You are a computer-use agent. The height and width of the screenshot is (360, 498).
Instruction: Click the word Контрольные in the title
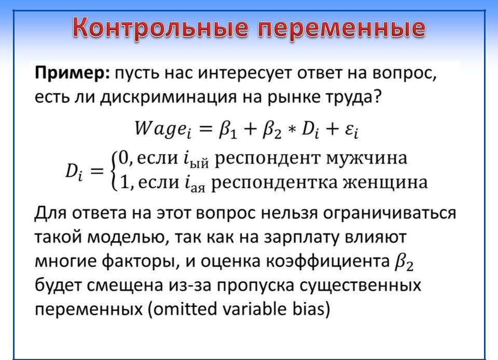[160, 27]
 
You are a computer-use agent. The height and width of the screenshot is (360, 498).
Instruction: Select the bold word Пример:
[72, 74]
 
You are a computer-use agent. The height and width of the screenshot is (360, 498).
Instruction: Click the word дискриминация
[169, 98]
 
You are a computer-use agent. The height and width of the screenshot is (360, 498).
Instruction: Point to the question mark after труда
[377, 96]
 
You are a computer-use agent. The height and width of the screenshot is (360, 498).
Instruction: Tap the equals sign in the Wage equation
[204, 129]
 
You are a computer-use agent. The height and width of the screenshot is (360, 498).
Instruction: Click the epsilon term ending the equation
[352, 130]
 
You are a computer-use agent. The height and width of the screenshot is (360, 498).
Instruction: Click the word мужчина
[367, 158]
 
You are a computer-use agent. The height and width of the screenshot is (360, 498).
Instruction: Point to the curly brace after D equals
[114, 171]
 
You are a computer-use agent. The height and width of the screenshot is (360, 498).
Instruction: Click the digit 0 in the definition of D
[123, 158]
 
